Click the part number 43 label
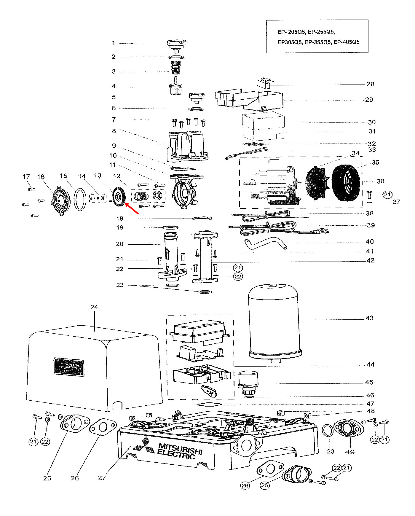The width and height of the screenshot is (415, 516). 369,318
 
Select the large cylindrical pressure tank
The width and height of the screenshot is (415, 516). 274,323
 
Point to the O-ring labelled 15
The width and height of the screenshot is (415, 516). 79,199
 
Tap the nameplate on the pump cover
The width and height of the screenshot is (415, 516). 69,367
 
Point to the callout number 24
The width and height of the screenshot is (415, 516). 94,307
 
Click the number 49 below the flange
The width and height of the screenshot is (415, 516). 350,452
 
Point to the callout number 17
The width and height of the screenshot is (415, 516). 26,177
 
